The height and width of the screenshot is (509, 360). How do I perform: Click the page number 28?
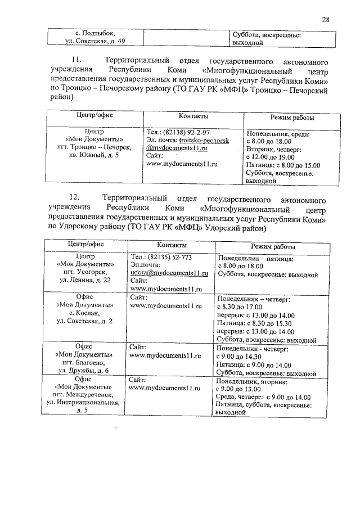(325, 20)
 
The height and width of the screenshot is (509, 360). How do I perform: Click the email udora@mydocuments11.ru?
(169, 272)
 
